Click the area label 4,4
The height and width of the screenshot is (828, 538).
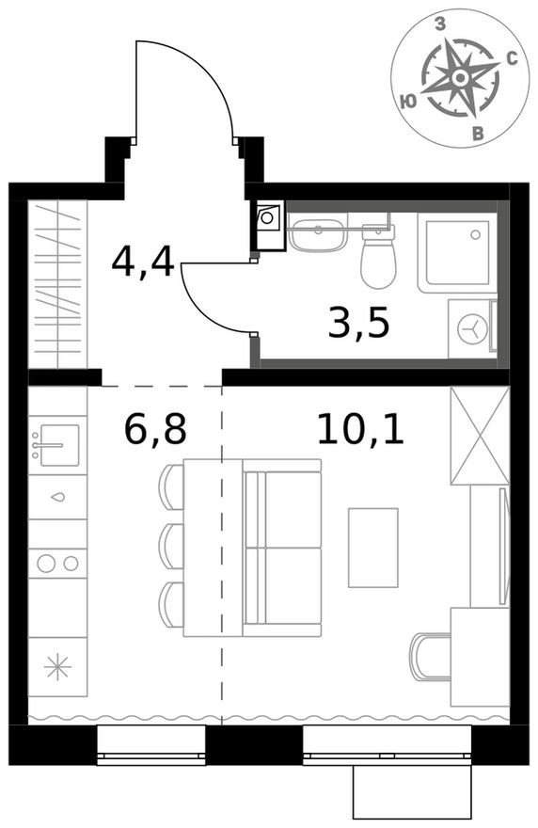coord(143,261)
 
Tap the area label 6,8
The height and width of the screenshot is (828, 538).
coord(156,429)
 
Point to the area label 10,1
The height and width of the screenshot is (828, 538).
coord(360,429)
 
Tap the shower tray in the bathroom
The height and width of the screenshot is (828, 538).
coord(457,251)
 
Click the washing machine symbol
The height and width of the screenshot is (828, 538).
coord(473,328)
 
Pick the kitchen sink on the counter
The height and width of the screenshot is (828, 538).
coord(57,443)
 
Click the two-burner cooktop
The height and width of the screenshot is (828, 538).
coord(57,564)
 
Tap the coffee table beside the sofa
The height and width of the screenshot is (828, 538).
coord(372,548)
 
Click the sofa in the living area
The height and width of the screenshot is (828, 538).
coord(282,547)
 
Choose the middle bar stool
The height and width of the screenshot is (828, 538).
coord(172,546)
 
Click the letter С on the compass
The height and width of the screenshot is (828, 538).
coord(513,58)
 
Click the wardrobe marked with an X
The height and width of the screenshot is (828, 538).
coord(479,436)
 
